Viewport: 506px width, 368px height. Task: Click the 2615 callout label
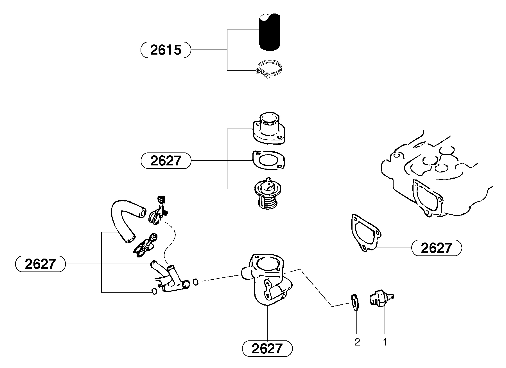point(166,50)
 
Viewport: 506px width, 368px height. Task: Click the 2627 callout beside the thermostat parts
point(166,161)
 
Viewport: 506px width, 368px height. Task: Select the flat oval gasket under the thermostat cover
point(269,161)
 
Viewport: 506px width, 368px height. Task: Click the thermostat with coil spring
point(268,194)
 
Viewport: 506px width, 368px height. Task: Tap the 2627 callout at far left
point(40,264)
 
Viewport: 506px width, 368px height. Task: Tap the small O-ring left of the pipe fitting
point(154,291)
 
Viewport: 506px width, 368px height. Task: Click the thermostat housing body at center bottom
point(266,279)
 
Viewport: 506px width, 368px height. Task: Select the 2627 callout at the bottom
point(267,349)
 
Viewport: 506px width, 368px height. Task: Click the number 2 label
point(357,342)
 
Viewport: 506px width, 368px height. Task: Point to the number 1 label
point(385,342)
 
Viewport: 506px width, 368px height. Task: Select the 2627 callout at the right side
point(436,248)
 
